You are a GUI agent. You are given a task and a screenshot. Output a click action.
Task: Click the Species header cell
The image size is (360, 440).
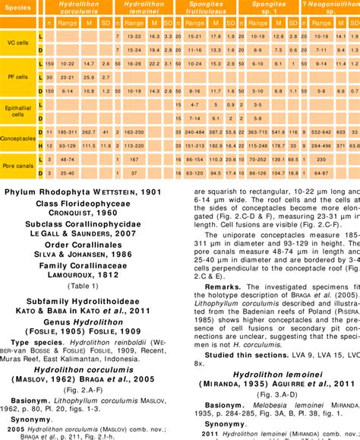18,6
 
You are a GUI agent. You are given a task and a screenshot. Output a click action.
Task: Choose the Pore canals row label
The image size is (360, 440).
17,166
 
